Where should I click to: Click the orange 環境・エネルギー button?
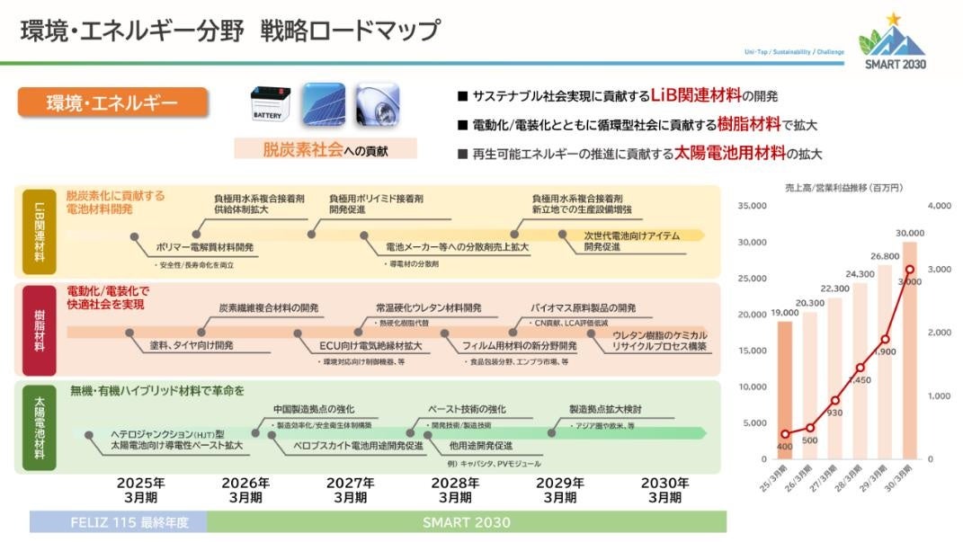pyautogui.click(x=113, y=102)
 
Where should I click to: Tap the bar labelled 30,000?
pyautogui.click(x=910, y=351)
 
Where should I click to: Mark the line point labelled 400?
pyautogui.click(x=785, y=434)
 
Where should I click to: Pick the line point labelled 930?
pyautogui.click(x=834, y=400)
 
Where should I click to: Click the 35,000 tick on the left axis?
pyautogui.click(x=751, y=206)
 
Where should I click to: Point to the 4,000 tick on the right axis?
pyautogui.click(x=938, y=206)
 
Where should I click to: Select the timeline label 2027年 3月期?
pyautogui.click(x=351, y=489)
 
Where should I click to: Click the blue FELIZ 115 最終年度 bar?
pyautogui.click(x=118, y=522)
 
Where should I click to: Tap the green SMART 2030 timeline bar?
pyautogui.click(x=466, y=522)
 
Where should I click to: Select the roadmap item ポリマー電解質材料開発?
pyautogui.click(x=204, y=245)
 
